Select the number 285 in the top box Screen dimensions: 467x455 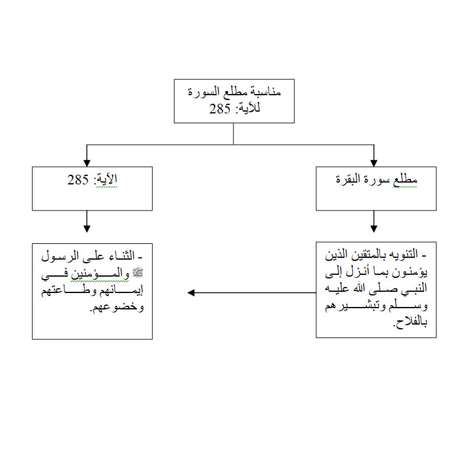click(220, 109)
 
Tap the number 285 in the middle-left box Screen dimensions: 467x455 click(78, 180)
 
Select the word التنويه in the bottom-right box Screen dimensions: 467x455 click(403, 254)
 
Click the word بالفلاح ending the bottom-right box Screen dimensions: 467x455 click(410, 322)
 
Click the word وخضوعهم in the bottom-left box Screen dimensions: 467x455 click(117, 307)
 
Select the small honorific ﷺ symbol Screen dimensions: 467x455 click(138, 273)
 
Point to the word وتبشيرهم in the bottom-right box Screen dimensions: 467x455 click(352, 306)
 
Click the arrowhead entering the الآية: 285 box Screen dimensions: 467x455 click(87, 163)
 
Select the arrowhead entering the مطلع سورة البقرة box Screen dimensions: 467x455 click(374, 163)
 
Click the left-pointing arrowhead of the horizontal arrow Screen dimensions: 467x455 click(191, 292)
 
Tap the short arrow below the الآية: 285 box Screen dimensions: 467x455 click(87, 221)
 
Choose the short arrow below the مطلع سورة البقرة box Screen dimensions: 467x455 click(374, 221)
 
